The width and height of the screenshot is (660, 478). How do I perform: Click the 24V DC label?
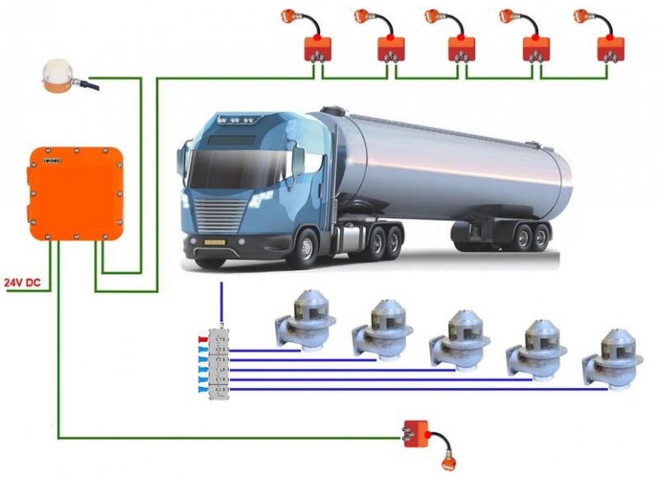click(x=22, y=282)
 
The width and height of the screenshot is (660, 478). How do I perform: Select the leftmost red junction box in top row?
click(x=318, y=49)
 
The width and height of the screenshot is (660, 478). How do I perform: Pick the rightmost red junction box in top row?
click(x=610, y=49)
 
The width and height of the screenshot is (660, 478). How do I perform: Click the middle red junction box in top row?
click(x=463, y=49)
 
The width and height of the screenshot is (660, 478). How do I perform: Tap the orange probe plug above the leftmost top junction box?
click(x=288, y=14)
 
